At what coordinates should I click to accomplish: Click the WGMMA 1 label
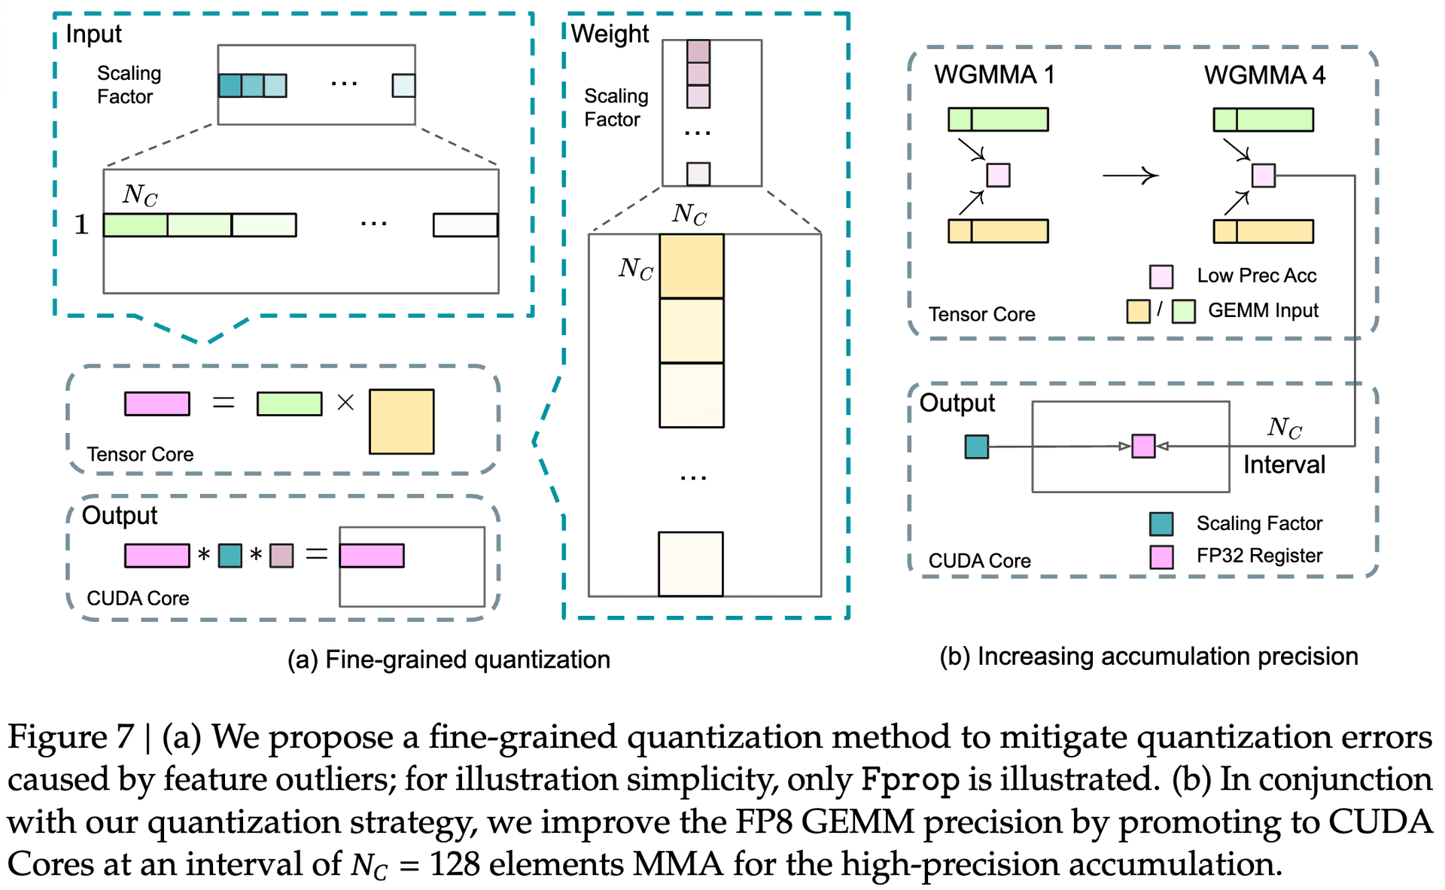tap(994, 75)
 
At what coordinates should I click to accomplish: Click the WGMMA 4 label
tap(1264, 75)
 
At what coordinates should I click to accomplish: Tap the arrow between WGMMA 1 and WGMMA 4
tap(1130, 175)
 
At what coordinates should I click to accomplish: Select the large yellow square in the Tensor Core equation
tap(402, 422)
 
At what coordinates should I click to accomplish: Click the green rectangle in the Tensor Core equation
tap(289, 404)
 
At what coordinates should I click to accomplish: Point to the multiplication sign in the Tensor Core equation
tap(345, 403)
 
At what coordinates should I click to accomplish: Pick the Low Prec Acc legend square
tap(1161, 276)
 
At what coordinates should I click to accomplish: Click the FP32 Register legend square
tap(1161, 556)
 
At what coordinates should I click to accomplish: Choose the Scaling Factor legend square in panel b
tap(1161, 523)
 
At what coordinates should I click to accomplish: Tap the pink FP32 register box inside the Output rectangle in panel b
tap(1143, 446)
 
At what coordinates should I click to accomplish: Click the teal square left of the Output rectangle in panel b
tap(977, 447)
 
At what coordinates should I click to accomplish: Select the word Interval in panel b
tap(1284, 465)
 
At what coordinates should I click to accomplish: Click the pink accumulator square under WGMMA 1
tap(998, 175)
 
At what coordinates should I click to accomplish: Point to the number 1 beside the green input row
tap(81, 224)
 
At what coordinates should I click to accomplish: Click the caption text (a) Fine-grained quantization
tap(449, 660)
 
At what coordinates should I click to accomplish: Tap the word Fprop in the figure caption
tap(911, 780)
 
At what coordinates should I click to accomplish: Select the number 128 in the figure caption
tap(455, 864)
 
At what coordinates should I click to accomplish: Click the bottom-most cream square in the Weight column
tap(691, 564)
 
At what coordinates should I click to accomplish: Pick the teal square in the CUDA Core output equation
tap(230, 556)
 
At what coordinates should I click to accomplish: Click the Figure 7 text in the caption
tap(71, 736)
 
